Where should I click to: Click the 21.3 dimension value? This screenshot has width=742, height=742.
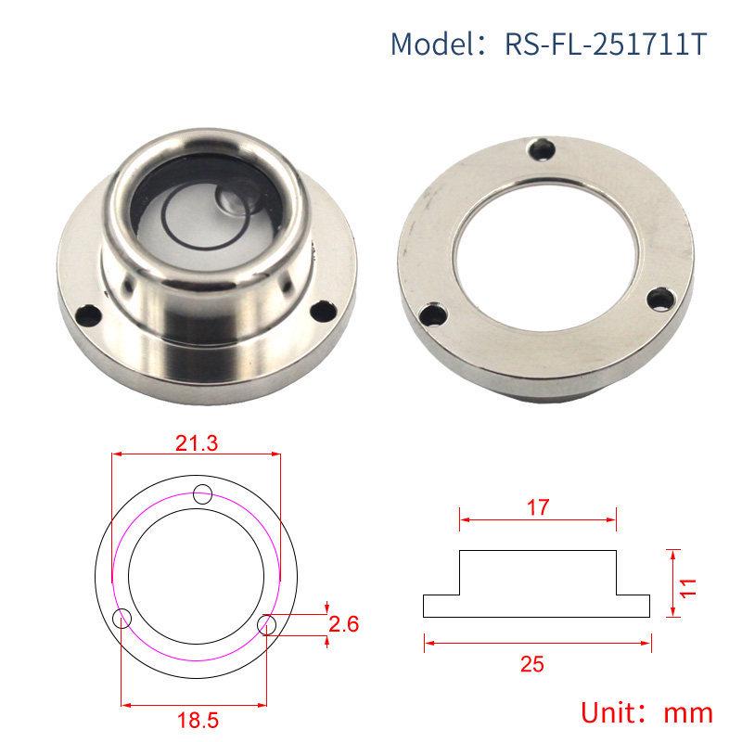click(197, 442)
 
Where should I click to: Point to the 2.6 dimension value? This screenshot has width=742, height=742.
click(344, 623)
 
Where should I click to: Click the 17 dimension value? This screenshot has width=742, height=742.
click(538, 507)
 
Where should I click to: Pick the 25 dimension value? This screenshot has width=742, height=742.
click(538, 663)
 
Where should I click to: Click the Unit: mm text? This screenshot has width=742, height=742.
click(646, 712)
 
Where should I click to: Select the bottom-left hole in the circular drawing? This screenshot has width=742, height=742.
click(122, 619)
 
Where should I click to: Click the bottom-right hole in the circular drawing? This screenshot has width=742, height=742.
click(268, 624)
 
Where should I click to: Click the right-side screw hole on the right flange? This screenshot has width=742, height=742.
click(659, 299)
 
